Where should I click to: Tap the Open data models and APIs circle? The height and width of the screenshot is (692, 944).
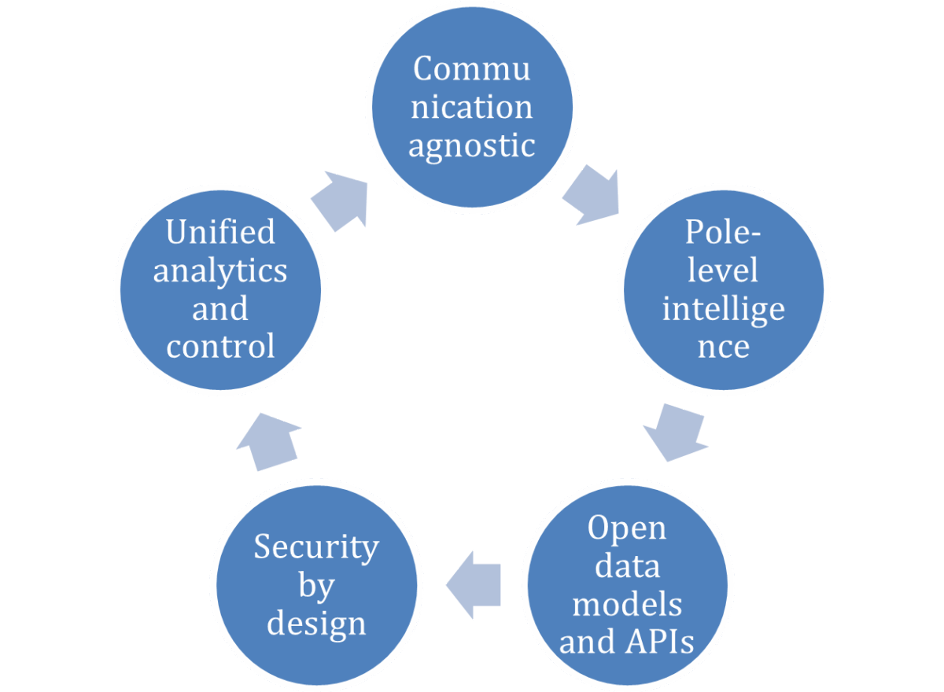(627, 586)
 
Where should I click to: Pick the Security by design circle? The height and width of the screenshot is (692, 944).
(316, 586)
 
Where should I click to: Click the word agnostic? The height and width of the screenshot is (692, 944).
(472, 146)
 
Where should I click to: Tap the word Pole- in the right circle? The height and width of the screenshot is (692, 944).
(723, 232)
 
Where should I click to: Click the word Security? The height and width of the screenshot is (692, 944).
(316, 547)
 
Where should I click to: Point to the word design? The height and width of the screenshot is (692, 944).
(316, 623)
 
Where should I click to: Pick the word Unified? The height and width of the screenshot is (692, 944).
(220, 232)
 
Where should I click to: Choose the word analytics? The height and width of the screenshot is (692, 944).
(220, 271)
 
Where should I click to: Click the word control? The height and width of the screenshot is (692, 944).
(220, 346)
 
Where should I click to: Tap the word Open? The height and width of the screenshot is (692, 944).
(627, 528)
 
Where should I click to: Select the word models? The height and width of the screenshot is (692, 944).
(627, 604)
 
